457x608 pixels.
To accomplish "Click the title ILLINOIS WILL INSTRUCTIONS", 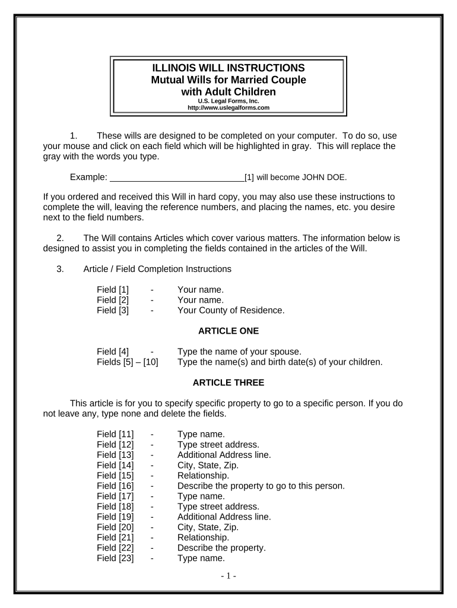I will point(228,68).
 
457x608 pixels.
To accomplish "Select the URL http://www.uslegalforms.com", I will point(228,108).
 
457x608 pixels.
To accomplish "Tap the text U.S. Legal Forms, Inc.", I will point(228,102).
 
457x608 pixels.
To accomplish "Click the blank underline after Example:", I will point(177,177).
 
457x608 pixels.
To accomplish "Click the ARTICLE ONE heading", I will point(228,331).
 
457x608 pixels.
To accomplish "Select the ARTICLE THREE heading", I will point(228,382).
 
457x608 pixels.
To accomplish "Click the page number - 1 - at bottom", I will point(228,576).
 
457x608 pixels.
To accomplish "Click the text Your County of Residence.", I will point(231,310).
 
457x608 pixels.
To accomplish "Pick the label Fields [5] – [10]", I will point(127,362).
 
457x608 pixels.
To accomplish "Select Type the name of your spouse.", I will point(239,351).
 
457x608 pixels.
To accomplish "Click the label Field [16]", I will point(115,486).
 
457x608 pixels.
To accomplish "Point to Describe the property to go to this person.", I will point(261,486).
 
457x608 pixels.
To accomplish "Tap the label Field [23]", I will point(115,558).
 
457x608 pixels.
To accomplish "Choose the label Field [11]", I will point(115,434).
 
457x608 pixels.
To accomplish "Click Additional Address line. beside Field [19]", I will point(224,517).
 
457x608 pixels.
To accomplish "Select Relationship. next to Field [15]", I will point(203,476).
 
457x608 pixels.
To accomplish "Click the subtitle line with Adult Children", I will point(228,91).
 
